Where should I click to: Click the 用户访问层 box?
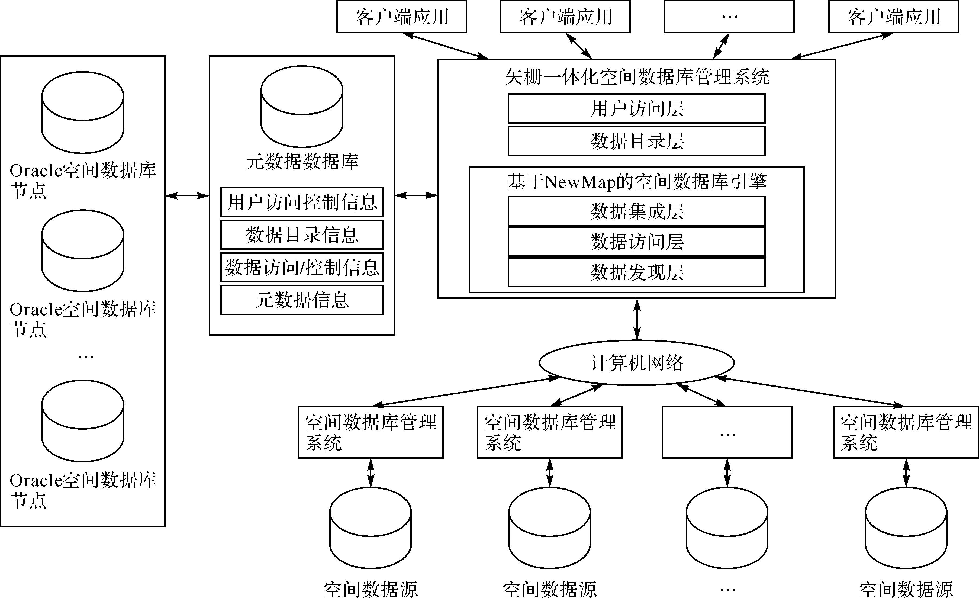(x=636, y=108)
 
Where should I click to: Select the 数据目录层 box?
(x=636, y=141)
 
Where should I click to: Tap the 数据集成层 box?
(x=636, y=211)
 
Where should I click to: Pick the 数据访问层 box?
(x=636, y=242)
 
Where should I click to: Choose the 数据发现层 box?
(x=636, y=272)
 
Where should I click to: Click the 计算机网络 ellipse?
(x=636, y=363)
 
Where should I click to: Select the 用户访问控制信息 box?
(x=302, y=202)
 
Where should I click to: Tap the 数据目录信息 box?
(x=302, y=234)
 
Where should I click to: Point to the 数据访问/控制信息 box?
(x=302, y=267)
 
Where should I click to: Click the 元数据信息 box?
(x=302, y=300)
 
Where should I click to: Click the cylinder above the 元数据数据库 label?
(x=302, y=107)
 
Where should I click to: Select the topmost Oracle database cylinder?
(x=83, y=112)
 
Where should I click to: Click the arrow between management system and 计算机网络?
(x=637, y=319)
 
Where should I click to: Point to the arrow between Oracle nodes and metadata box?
(x=187, y=195)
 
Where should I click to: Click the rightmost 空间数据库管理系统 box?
(x=906, y=432)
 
